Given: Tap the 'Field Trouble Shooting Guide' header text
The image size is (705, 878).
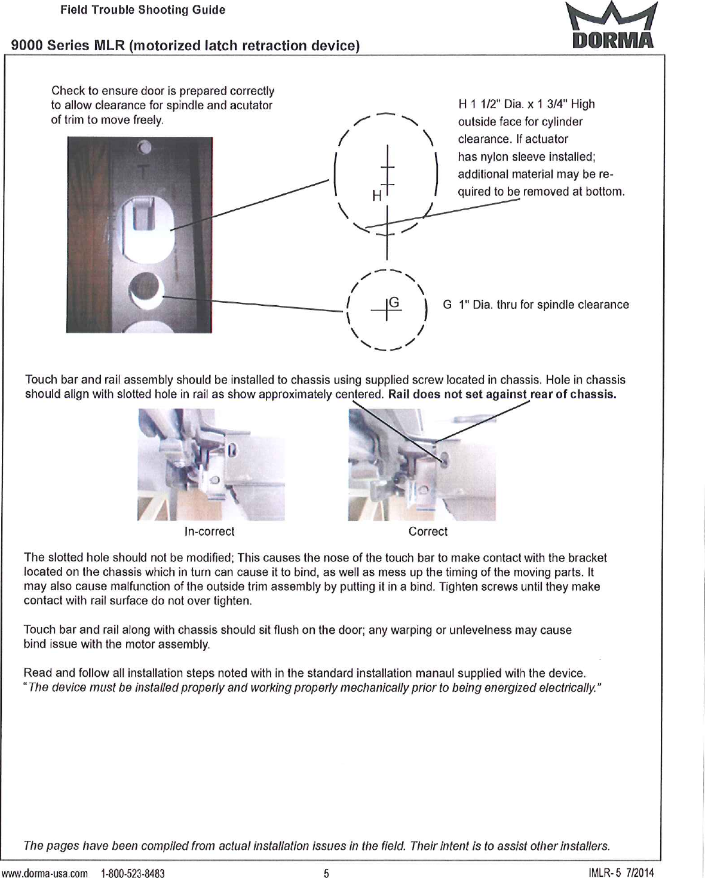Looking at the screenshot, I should [x=142, y=10].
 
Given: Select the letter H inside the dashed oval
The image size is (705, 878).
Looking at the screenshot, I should [x=376, y=195].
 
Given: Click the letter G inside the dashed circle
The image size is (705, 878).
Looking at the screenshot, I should [x=394, y=303].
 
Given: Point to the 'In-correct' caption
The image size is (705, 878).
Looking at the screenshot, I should [x=209, y=531].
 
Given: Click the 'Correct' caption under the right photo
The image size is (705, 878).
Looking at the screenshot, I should [x=428, y=531].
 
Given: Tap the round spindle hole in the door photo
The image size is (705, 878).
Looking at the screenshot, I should [x=146, y=290].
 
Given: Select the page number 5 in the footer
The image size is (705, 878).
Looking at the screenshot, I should [x=326, y=873].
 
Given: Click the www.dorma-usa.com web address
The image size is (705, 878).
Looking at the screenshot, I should [x=44, y=873].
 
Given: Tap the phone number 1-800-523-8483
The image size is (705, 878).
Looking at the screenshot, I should [x=133, y=873].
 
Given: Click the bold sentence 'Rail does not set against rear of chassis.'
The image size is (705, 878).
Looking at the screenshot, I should [x=502, y=394].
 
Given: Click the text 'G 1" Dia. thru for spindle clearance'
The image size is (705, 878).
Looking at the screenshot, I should [x=536, y=305].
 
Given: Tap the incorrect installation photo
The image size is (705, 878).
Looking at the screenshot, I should [x=211, y=465].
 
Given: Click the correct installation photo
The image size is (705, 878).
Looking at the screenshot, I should [x=422, y=465].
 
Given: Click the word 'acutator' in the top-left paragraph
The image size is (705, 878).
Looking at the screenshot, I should [x=252, y=105].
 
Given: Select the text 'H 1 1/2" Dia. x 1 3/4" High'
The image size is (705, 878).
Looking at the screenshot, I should [x=526, y=104].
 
